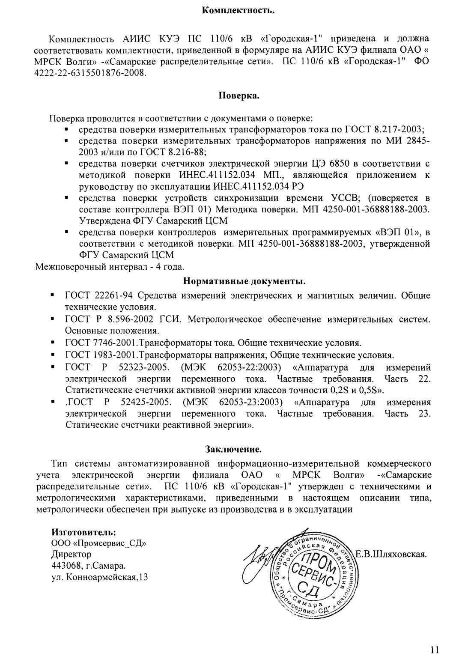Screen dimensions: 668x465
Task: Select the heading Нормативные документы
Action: (x=244, y=281)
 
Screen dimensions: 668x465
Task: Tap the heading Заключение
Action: (x=233, y=450)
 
